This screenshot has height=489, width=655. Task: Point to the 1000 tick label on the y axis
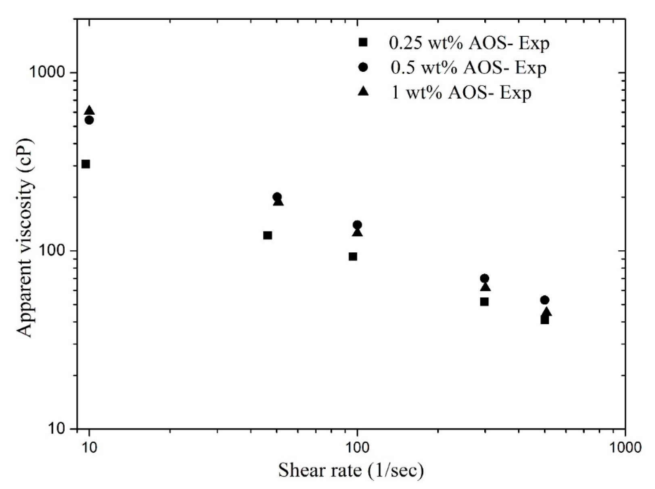48,73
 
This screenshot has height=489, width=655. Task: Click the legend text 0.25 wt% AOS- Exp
469,43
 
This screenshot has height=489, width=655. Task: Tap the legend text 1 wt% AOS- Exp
461,92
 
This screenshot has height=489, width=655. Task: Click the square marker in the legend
363,42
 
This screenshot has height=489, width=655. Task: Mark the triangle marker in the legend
363,91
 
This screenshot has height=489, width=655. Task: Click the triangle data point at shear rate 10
90,111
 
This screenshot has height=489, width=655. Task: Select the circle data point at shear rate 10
89,120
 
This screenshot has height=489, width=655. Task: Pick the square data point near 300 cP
86,164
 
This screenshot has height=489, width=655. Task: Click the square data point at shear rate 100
353,256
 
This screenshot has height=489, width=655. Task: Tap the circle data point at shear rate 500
544,300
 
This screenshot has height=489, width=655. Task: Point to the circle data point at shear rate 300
485,278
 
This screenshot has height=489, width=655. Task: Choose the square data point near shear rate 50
267,235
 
